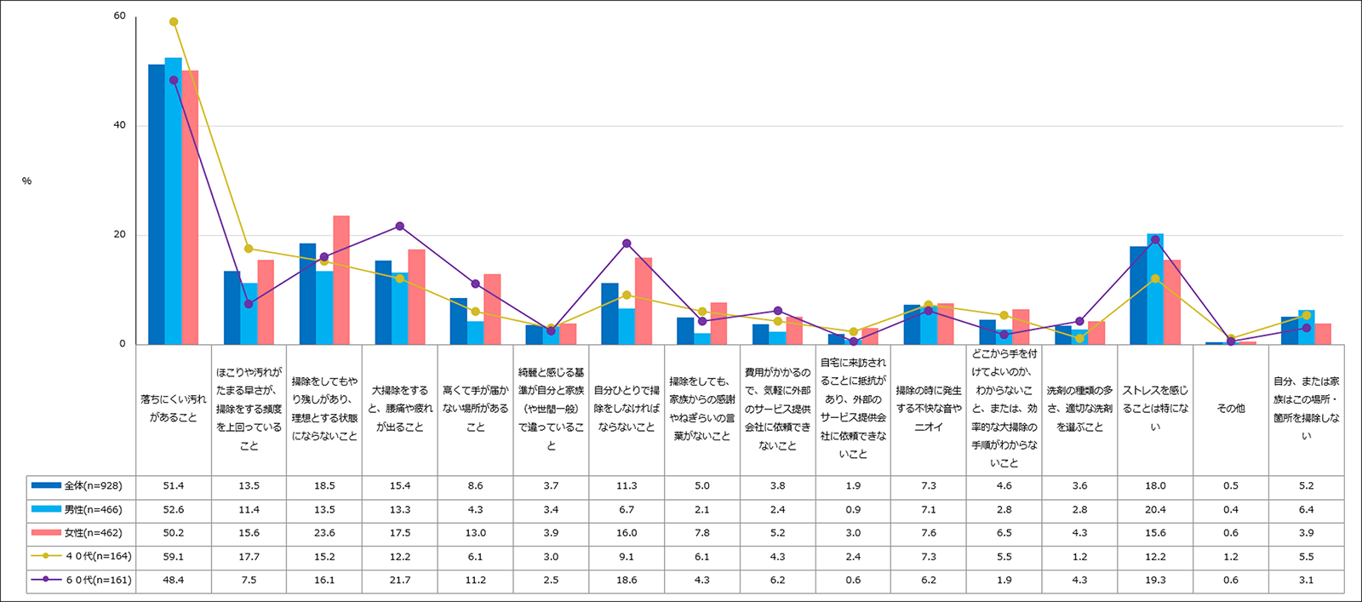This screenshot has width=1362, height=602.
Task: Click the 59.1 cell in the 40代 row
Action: (173, 557)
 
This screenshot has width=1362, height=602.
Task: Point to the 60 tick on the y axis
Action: (119, 16)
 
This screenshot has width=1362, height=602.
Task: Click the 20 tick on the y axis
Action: (119, 235)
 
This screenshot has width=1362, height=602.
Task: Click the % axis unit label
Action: (26, 181)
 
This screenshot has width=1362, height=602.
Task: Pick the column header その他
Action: (1231, 409)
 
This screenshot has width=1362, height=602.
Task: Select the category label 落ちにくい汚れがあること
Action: (173, 409)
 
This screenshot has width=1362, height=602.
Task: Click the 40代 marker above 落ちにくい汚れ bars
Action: (174, 22)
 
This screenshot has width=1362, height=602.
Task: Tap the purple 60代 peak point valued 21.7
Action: (399, 226)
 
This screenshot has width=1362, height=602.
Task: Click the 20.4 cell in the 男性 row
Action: (1155, 510)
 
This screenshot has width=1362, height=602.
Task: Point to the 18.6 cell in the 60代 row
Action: (627, 581)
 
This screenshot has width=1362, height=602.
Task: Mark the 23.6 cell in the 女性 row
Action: (324, 533)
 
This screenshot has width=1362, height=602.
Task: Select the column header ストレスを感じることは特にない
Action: (1155, 409)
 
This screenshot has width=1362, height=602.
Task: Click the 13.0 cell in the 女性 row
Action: (475, 533)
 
